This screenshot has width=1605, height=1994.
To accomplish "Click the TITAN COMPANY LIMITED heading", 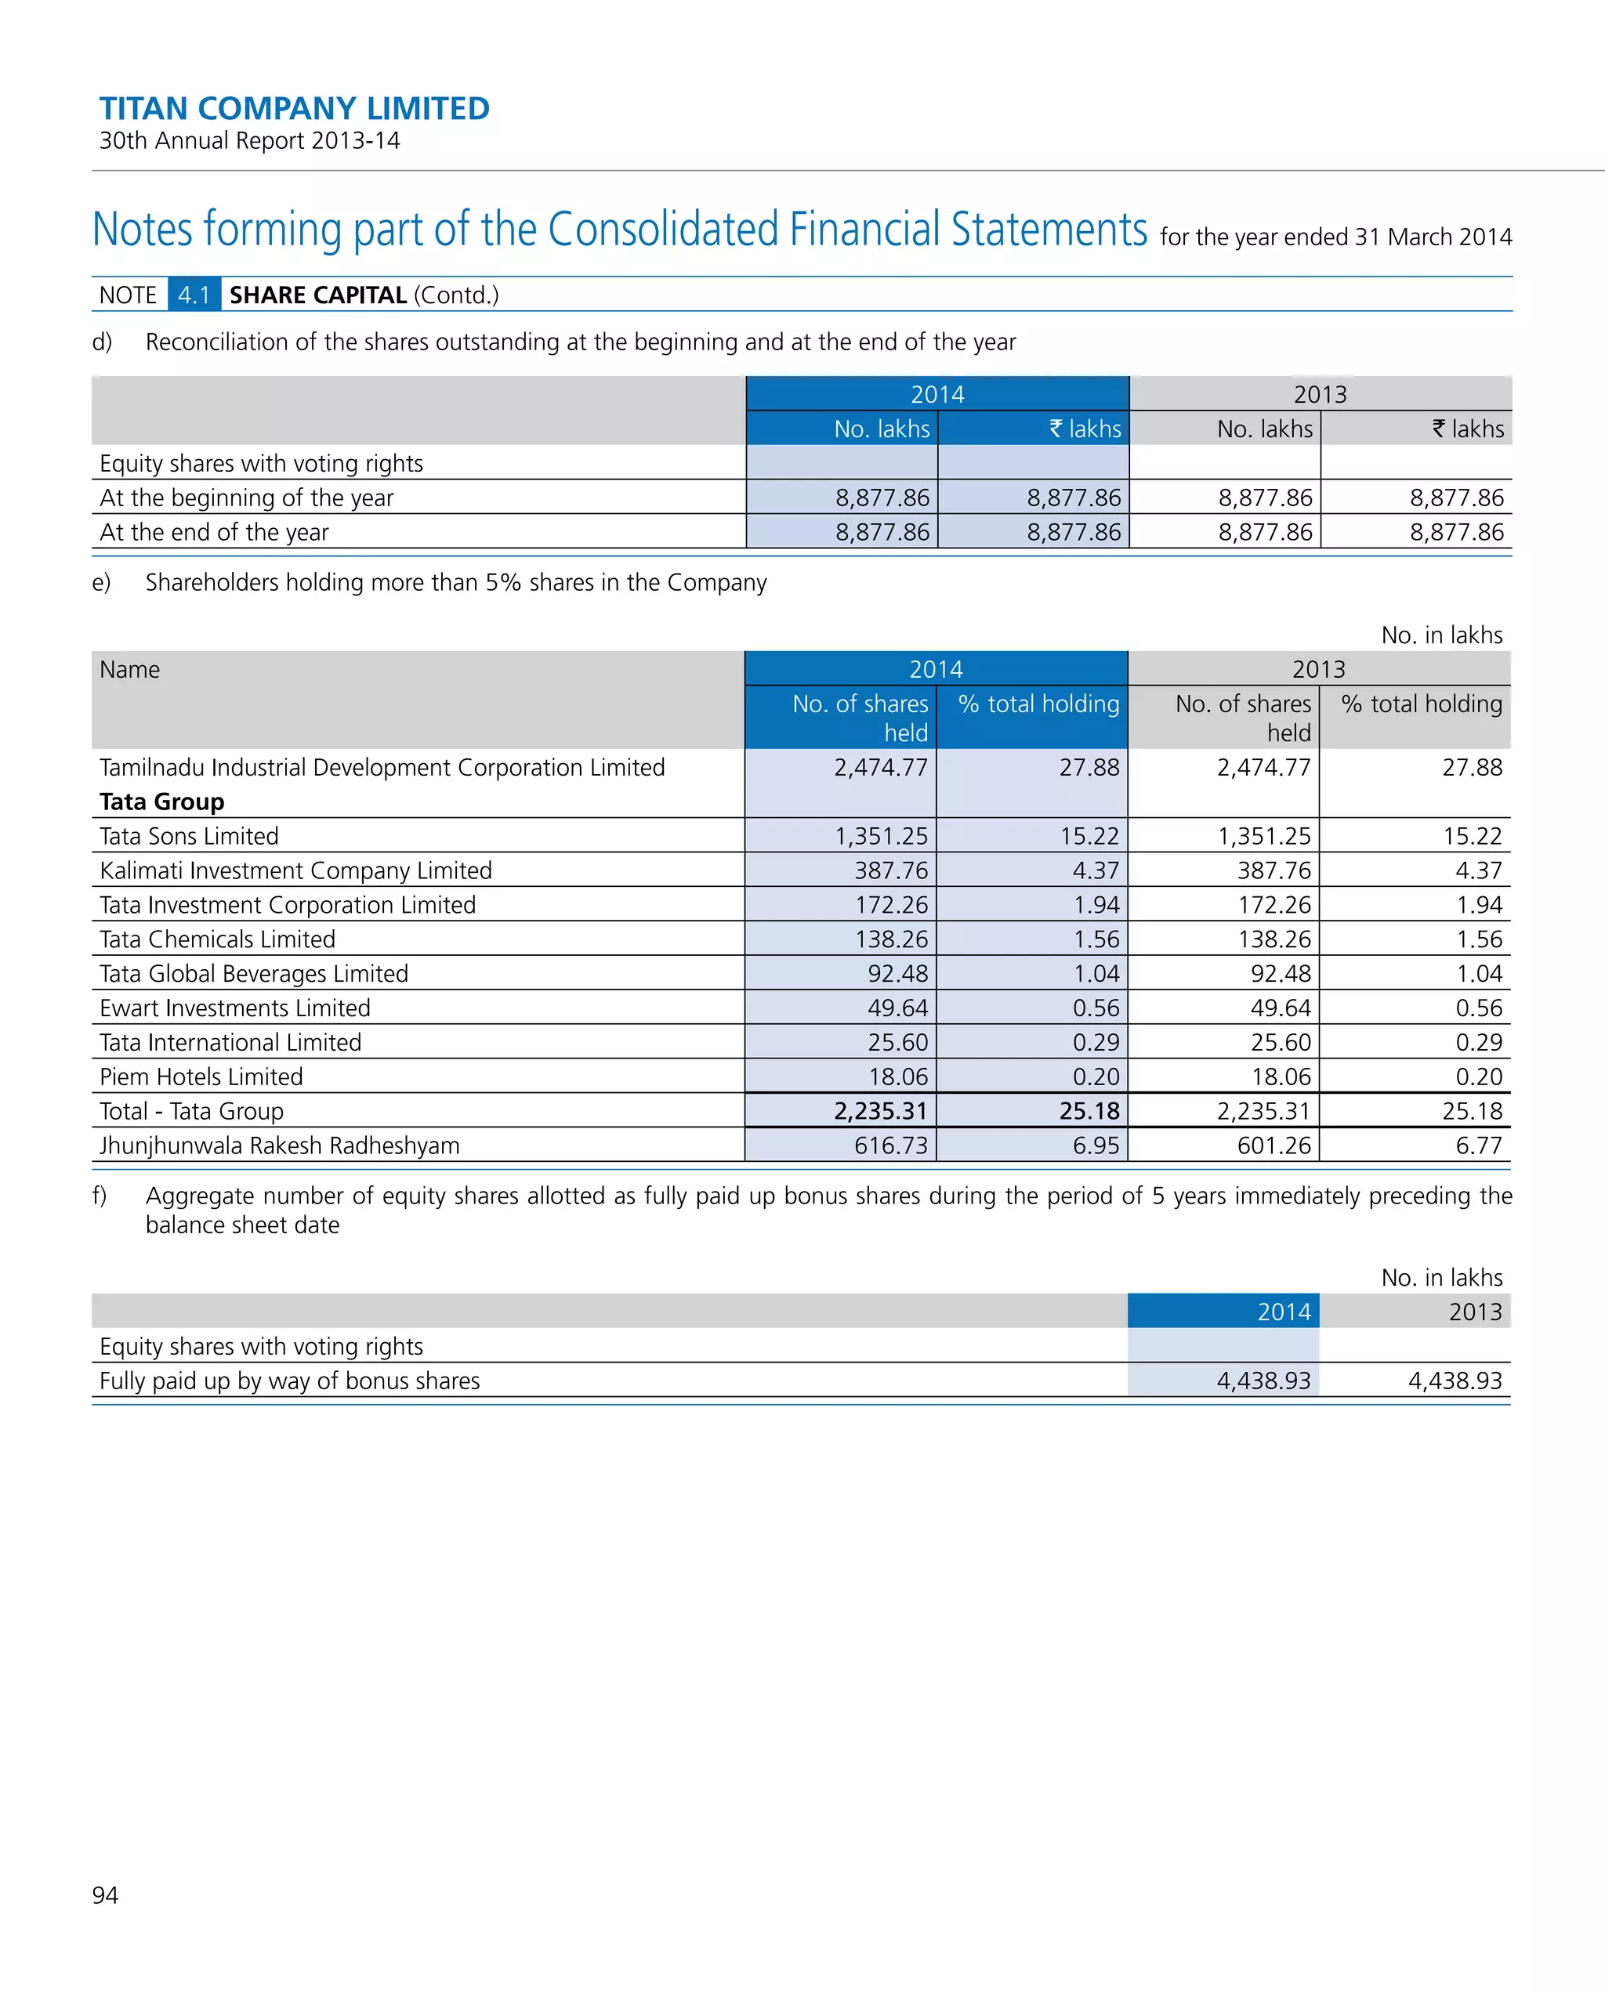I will pos(294,108).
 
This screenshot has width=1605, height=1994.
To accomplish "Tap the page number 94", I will pos(106,1894).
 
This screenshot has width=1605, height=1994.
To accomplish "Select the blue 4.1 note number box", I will pos(194,295).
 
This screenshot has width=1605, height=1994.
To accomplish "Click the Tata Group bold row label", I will pos(162,801).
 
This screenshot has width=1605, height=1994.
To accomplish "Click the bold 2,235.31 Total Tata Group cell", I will pos(880,1111).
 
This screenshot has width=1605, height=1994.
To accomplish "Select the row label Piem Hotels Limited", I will pos(201,1077).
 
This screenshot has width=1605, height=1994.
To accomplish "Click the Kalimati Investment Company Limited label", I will pos(295,870).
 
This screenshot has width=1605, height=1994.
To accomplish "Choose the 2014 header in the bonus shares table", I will pos(1283,1312).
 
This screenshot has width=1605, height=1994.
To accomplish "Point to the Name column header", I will pos(129,670).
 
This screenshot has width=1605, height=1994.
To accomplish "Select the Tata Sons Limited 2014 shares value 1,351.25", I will pos(881,836).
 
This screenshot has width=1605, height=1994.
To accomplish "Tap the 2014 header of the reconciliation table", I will pos(937,394).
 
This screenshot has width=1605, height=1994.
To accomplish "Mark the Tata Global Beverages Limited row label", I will pos(253,973).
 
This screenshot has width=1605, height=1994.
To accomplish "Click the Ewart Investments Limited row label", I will pos(235,1008).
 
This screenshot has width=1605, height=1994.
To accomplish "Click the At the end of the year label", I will pos(214,532).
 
